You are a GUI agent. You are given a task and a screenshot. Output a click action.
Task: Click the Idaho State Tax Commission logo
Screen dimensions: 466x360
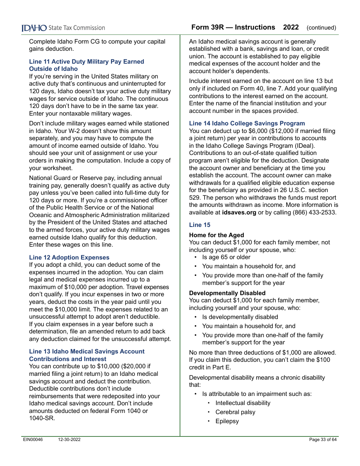pos(63,28)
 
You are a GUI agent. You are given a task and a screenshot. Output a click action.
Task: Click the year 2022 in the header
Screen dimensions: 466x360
pos(291,27)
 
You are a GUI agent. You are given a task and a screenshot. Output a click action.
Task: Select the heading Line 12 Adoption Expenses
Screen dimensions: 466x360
pos(69,257)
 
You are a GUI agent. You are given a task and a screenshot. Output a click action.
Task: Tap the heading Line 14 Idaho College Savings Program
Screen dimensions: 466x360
pos(247,123)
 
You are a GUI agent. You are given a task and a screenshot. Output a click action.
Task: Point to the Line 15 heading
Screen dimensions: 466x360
pos(200,225)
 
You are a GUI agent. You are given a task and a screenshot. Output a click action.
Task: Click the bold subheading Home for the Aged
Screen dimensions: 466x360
pos(216,235)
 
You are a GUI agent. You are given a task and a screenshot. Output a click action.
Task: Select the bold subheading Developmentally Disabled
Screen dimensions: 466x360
pos(227,293)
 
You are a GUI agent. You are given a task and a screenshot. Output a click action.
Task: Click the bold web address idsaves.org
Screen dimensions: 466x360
pos(239,212)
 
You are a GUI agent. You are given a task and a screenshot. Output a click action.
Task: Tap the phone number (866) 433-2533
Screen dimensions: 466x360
pos(314,212)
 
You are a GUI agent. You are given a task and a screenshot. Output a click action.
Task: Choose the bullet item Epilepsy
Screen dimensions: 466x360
pos(227,421)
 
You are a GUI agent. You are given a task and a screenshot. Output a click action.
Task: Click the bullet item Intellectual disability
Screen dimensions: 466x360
pos(243,403)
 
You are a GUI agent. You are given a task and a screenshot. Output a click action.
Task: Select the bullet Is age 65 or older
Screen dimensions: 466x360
pos(226,257)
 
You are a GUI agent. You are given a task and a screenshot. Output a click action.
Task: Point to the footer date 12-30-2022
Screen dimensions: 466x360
pos(69,439)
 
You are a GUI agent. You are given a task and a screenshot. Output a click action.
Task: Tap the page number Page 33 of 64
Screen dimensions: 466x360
pos(322,439)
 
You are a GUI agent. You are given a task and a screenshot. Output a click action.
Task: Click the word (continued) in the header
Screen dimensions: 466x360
pos(321,28)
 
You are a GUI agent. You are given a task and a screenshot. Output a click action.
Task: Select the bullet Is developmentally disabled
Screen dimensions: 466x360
pos(240,317)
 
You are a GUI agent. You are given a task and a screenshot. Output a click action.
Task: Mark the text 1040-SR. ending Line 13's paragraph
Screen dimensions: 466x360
pos(42,418)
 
